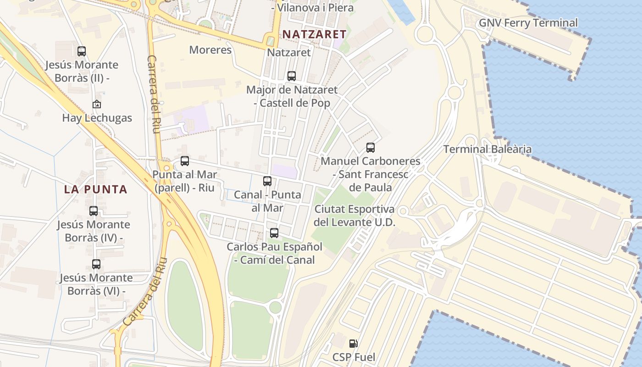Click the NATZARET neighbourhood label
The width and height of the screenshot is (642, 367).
pyautogui.click(x=314, y=34)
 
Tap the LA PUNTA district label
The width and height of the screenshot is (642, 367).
pyautogui.click(x=95, y=189)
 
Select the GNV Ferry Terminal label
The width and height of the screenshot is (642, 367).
pyautogui.click(x=528, y=22)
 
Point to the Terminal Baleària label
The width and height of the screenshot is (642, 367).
pyautogui.click(x=487, y=149)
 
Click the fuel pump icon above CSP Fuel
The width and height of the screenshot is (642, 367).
pyautogui.click(x=353, y=343)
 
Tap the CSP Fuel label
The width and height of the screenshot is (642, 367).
pyautogui.click(x=354, y=357)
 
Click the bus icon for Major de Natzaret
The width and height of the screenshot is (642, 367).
pyautogui.click(x=292, y=76)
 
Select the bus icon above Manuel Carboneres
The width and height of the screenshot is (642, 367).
pyautogui.click(x=371, y=148)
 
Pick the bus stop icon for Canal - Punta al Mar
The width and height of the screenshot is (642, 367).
pyautogui.click(x=267, y=181)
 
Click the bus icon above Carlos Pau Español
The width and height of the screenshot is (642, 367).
pyautogui.click(x=274, y=233)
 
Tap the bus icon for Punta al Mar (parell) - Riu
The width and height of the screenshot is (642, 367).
pyautogui.click(x=185, y=161)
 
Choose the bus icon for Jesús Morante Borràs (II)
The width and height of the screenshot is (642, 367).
pyautogui.click(x=82, y=51)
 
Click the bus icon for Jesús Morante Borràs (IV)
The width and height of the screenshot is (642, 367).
pyautogui.click(x=94, y=211)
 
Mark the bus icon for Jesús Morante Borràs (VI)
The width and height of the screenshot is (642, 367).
pyautogui.click(x=96, y=264)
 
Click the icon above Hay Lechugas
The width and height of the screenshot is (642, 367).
pyautogui.click(x=97, y=105)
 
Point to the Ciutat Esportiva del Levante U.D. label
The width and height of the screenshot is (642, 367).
pyautogui.click(x=354, y=216)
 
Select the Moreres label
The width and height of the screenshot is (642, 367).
pyautogui.click(x=210, y=50)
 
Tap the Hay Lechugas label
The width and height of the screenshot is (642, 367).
pyautogui.click(x=97, y=118)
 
